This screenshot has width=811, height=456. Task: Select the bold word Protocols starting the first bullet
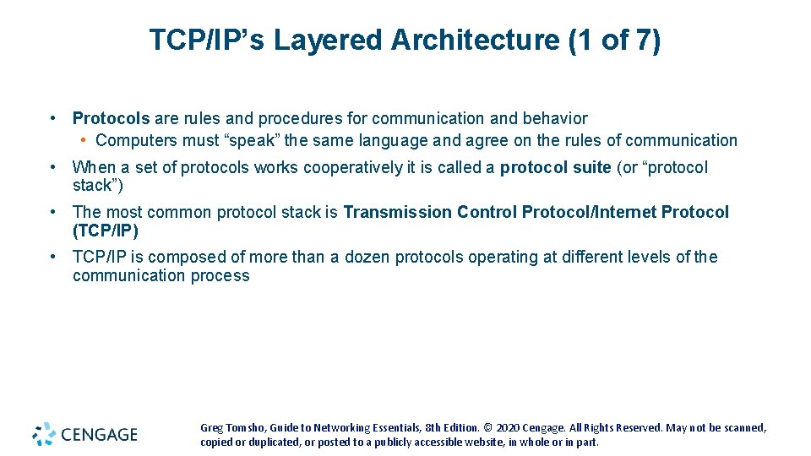point(111,119)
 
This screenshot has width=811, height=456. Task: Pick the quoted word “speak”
point(255,141)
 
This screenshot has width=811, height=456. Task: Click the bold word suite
point(591,168)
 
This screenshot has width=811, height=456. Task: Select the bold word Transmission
point(397,213)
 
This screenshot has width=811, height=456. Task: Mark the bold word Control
point(487,213)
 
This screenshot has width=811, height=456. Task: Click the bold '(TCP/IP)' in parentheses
point(105,231)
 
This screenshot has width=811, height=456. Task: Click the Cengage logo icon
point(44,434)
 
